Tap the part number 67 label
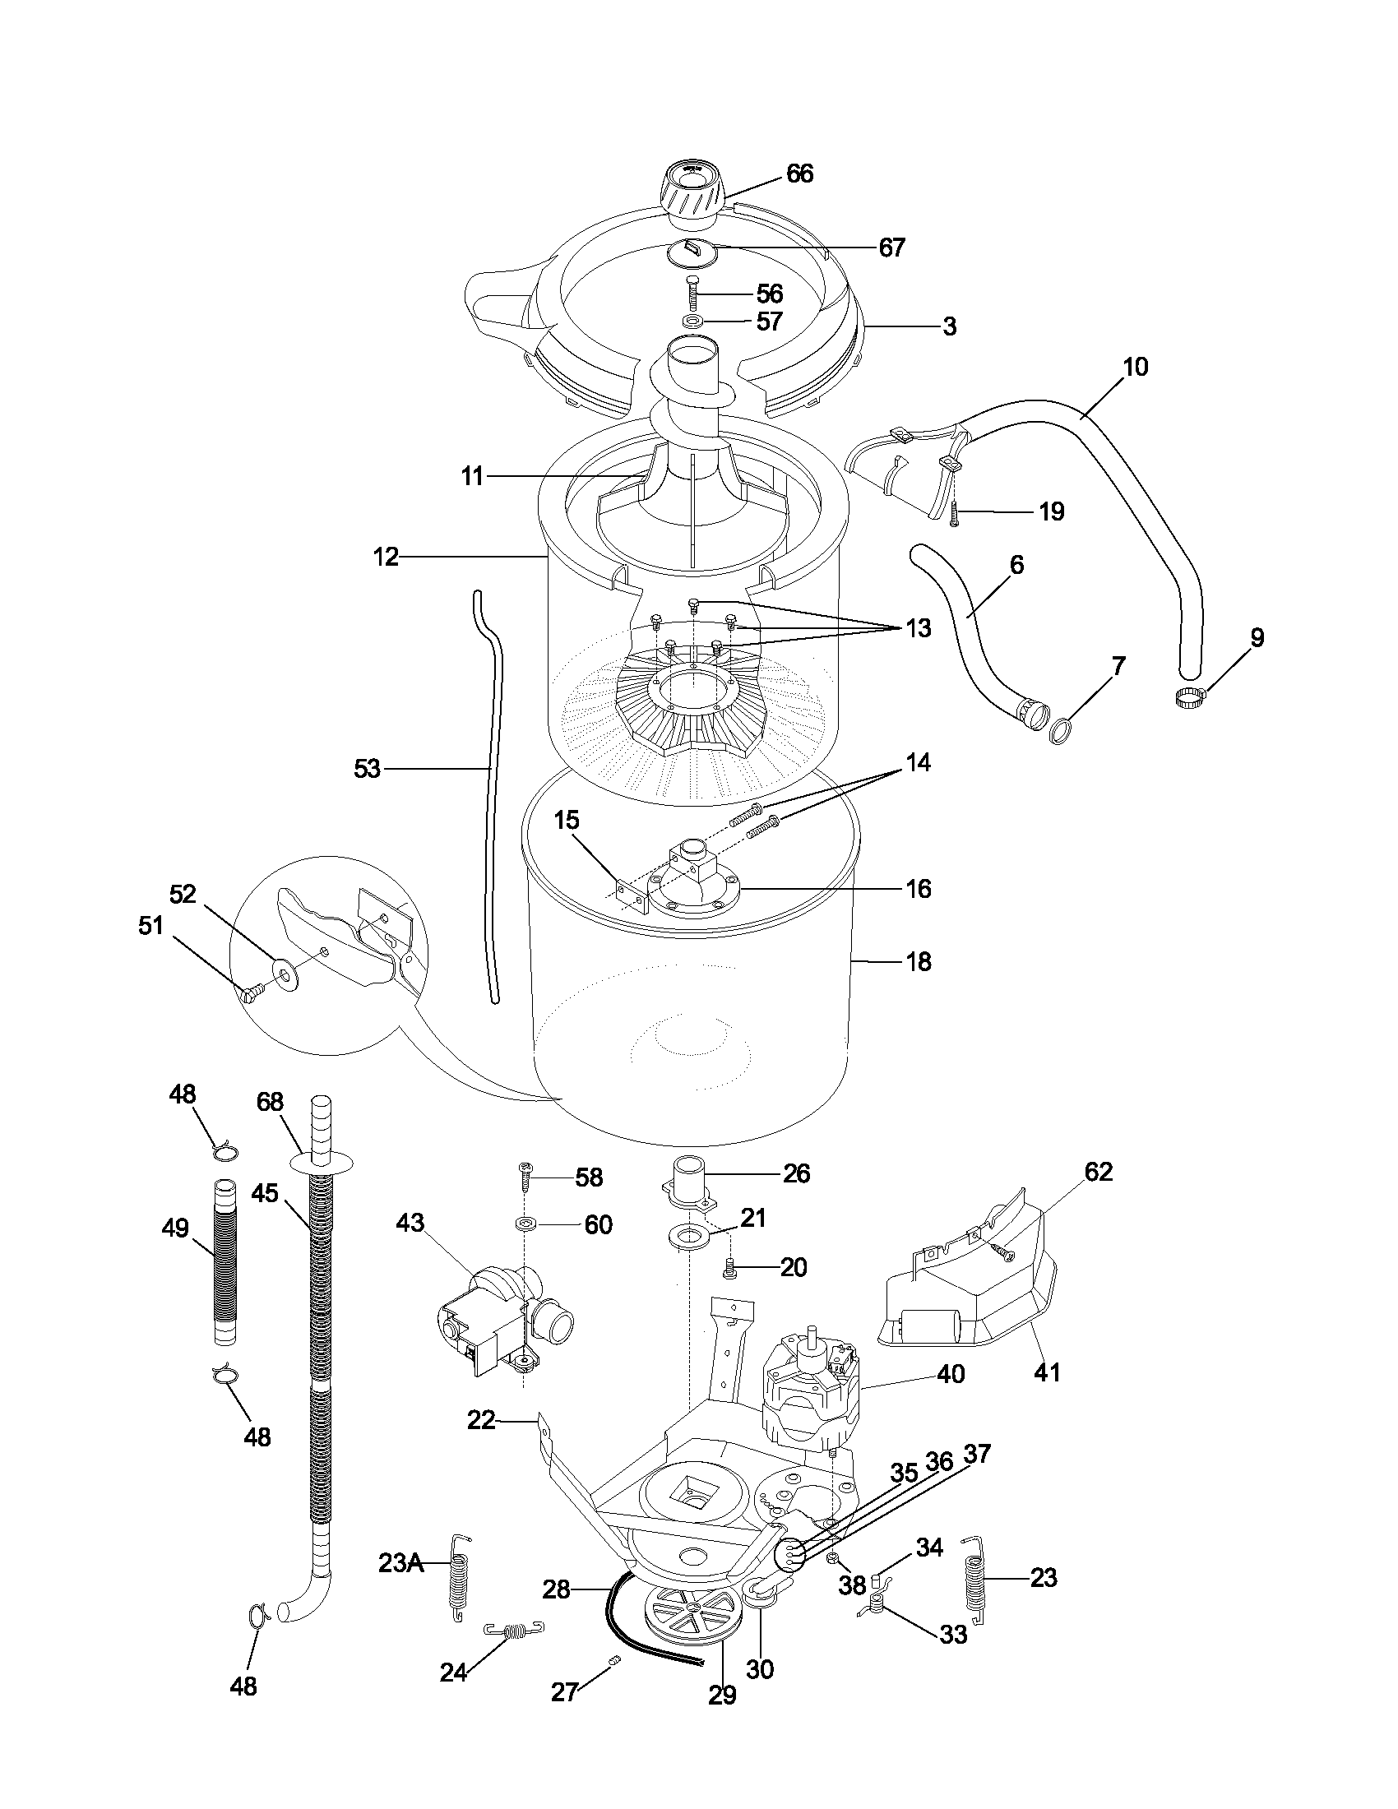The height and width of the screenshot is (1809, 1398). click(x=892, y=248)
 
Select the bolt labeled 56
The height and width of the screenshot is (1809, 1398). click(x=692, y=295)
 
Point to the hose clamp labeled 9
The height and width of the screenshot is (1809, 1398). click(x=1189, y=697)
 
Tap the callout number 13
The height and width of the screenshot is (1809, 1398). click(x=918, y=629)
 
